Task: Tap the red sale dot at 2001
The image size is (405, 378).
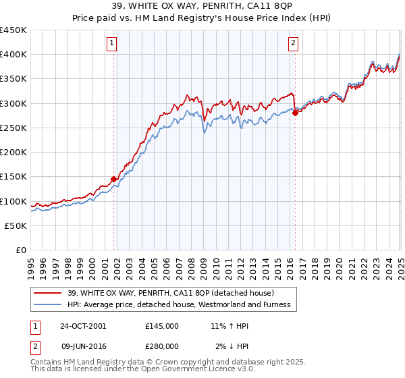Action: (114, 179)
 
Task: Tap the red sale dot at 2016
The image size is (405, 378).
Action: (295, 113)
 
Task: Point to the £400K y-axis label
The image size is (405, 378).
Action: (13, 55)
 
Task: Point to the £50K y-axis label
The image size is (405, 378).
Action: (16, 225)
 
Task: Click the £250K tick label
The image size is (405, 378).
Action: (13, 128)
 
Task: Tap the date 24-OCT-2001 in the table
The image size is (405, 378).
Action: (83, 326)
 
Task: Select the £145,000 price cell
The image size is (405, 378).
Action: (161, 326)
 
